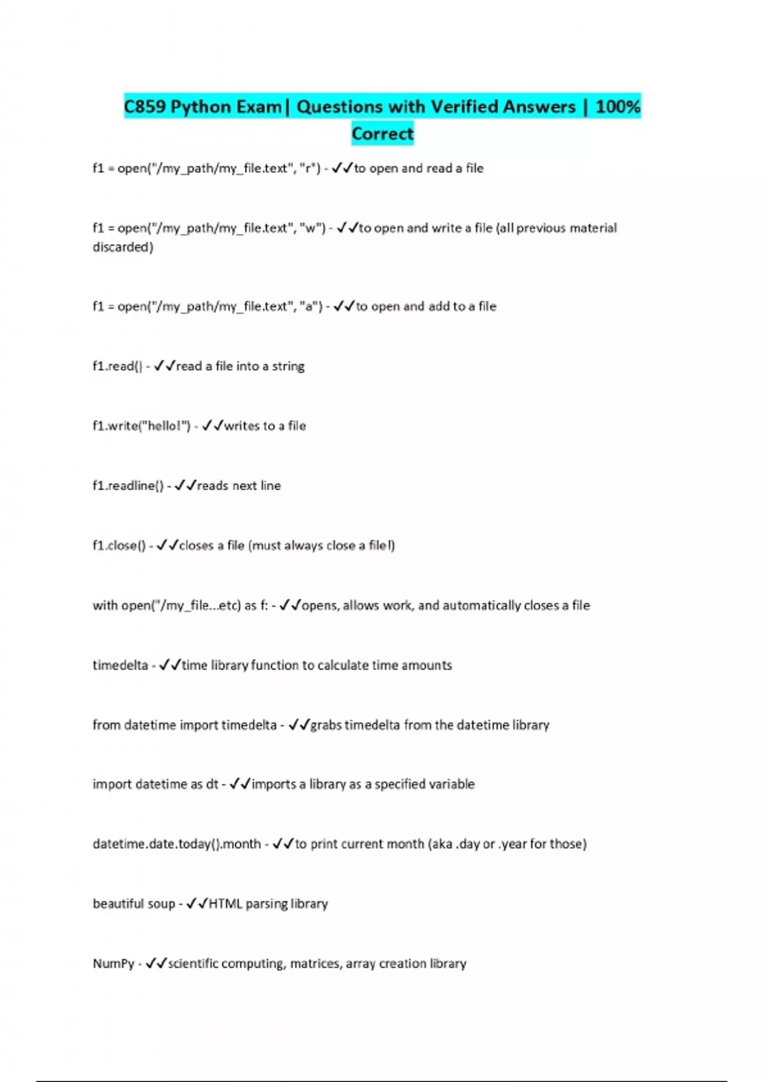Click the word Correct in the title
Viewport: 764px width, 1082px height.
tap(383, 134)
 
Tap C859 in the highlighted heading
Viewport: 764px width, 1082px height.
tap(145, 106)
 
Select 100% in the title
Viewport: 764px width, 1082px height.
tap(618, 106)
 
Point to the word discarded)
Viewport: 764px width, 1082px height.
tap(123, 247)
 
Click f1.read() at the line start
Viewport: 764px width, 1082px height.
tap(117, 366)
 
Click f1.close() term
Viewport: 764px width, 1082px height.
tap(119, 545)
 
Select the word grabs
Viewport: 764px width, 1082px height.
tap(326, 725)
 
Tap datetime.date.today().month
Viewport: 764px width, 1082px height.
tap(176, 844)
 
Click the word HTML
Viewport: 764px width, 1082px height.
tap(225, 904)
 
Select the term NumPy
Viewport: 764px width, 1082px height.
tap(113, 964)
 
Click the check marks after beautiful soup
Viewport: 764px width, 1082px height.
tap(197, 904)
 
